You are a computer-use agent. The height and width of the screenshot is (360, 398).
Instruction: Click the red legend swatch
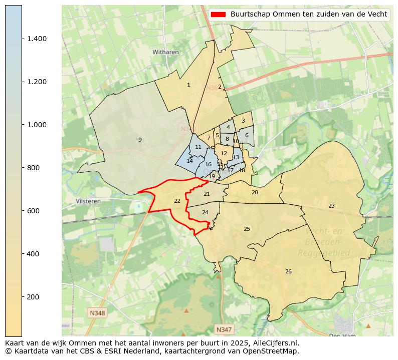coord(218,15)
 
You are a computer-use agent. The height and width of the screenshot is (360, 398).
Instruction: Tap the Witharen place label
coord(165,52)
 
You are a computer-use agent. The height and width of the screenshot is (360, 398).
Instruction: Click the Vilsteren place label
coord(88,201)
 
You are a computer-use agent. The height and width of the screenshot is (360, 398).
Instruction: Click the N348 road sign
coord(97,313)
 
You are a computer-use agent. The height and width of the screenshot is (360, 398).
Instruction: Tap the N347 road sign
coord(224,329)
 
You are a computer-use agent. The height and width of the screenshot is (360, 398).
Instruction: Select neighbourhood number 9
coord(140,140)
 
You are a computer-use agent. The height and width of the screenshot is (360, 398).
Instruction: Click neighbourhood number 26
coord(288,272)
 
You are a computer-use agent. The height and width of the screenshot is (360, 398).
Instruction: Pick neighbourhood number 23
coord(331,206)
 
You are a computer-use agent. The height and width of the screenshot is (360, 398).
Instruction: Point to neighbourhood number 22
coord(177,201)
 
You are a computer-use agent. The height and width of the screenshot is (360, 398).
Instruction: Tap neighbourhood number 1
coord(188,85)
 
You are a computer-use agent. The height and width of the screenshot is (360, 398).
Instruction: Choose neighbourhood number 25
coord(247,229)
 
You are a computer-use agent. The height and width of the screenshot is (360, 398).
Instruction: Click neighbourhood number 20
coord(255,193)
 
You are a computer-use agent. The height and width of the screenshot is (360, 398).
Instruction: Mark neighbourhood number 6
coord(247,136)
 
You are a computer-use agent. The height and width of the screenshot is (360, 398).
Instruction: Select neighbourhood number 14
coord(189,161)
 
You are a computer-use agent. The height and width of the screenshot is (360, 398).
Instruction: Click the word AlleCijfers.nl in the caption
coord(278,343)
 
